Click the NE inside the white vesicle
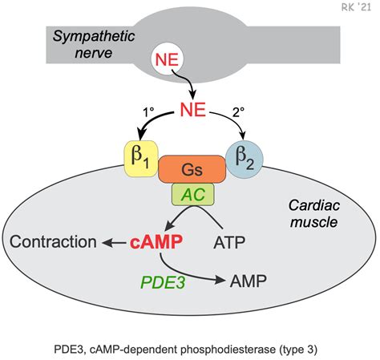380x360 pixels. point(167,59)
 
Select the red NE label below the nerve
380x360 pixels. point(193,110)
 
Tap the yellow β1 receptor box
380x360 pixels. point(141,159)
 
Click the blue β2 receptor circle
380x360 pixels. point(245,160)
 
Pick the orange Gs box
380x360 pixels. point(192,169)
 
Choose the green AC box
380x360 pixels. point(193,194)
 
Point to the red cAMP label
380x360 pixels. point(156,242)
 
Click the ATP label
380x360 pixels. point(229,242)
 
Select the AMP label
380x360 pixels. point(249,281)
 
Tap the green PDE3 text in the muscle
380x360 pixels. point(163,282)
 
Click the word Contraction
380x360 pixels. point(53,241)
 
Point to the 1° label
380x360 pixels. point(148,112)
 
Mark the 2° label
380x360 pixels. point(238,112)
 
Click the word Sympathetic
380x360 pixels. point(94,36)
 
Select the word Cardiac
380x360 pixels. point(314,205)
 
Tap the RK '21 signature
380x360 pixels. point(356,7)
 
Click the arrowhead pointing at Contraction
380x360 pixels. point(107,243)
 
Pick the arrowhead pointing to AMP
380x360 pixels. point(220,280)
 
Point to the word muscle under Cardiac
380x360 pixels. point(313,222)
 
